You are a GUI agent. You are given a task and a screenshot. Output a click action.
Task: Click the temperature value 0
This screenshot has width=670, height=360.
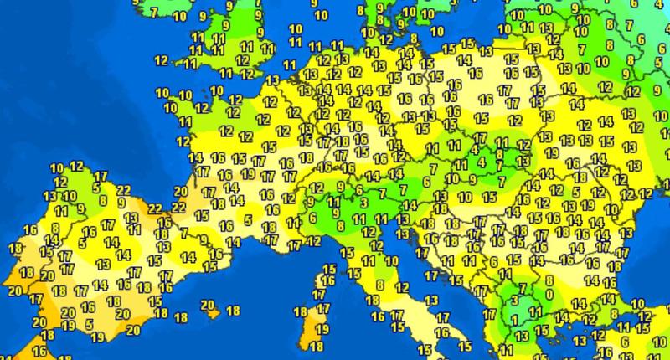click(x=549, y=294)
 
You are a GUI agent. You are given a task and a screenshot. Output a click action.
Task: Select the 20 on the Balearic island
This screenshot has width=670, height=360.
click(x=207, y=305)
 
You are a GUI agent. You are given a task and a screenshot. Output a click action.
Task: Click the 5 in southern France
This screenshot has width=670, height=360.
click(x=249, y=220)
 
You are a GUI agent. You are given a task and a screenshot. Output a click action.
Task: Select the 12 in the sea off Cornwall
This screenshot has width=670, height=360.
click(x=161, y=61)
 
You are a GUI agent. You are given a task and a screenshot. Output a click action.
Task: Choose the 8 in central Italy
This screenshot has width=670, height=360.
click(x=379, y=285)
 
